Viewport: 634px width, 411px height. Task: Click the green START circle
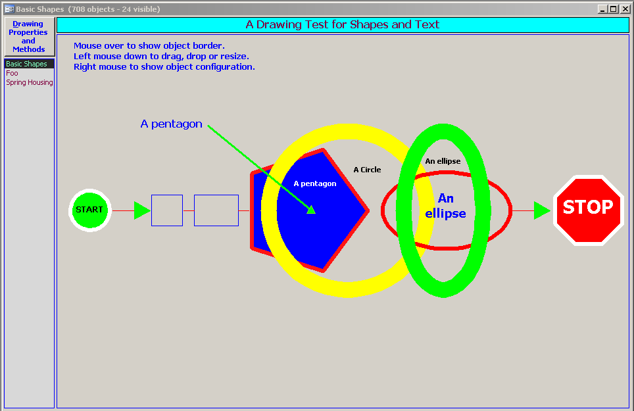coord(89,210)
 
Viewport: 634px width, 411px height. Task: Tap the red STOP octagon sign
coord(589,210)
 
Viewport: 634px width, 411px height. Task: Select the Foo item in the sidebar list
coord(12,73)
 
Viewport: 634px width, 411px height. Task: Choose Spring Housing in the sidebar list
coord(30,82)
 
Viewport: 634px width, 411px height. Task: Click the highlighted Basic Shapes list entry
coord(27,64)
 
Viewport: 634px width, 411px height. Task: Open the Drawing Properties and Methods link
coord(28,36)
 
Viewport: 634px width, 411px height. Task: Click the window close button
coord(625,9)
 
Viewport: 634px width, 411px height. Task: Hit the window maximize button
coord(614,9)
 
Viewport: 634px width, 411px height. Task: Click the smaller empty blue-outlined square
coord(167,210)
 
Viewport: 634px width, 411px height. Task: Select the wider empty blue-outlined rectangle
coord(216,210)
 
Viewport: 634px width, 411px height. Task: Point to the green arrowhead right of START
coord(142,210)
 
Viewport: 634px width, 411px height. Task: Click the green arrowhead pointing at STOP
coord(542,210)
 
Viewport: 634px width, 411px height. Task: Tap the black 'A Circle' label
coord(367,170)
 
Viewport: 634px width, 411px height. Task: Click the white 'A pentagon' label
coord(315,183)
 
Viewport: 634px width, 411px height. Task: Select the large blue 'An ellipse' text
coord(446,206)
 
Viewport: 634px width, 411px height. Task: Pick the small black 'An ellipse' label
coord(443,161)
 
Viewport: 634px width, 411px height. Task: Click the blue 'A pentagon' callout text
coord(171,124)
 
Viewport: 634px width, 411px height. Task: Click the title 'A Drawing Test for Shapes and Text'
coord(343,24)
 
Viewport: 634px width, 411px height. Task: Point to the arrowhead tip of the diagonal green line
coord(315,213)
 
